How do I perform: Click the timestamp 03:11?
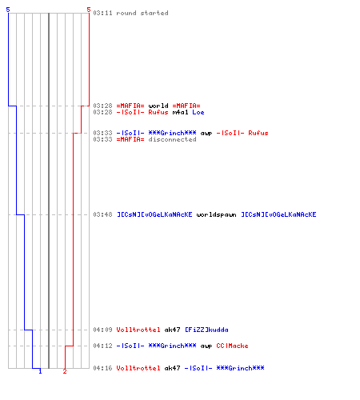pyautogui.click(x=102, y=13)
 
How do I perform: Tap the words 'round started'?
pyautogui.click(x=142, y=13)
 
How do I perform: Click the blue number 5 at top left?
pyautogui.click(x=8, y=10)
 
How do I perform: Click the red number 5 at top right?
pyautogui.click(x=89, y=10)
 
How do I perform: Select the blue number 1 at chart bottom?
pyautogui.click(x=40, y=371)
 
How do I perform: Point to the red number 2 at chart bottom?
pyautogui.click(x=65, y=371)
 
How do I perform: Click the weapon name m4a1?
pyautogui.click(x=180, y=112)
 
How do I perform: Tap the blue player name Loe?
pyautogui.click(x=198, y=112)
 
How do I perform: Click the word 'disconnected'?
pyautogui.click(x=172, y=139)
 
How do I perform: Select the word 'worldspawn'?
pyautogui.click(x=216, y=214)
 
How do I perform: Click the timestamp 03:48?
pyautogui.click(x=102, y=214)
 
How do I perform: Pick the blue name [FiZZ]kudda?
pyautogui.click(x=206, y=330)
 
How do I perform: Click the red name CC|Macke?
pyautogui.click(x=232, y=346)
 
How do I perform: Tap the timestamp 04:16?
pyautogui.click(x=102, y=368)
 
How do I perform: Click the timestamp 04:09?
pyautogui.click(x=102, y=330)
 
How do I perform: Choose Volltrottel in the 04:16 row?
pyautogui.click(x=138, y=368)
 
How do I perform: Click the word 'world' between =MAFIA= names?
pyautogui.click(x=158, y=106)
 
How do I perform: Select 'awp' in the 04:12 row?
pyautogui.click(x=206, y=346)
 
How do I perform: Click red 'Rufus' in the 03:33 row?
pyautogui.click(x=258, y=133)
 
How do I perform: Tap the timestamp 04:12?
pyautogui.click(x=102, y=346)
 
